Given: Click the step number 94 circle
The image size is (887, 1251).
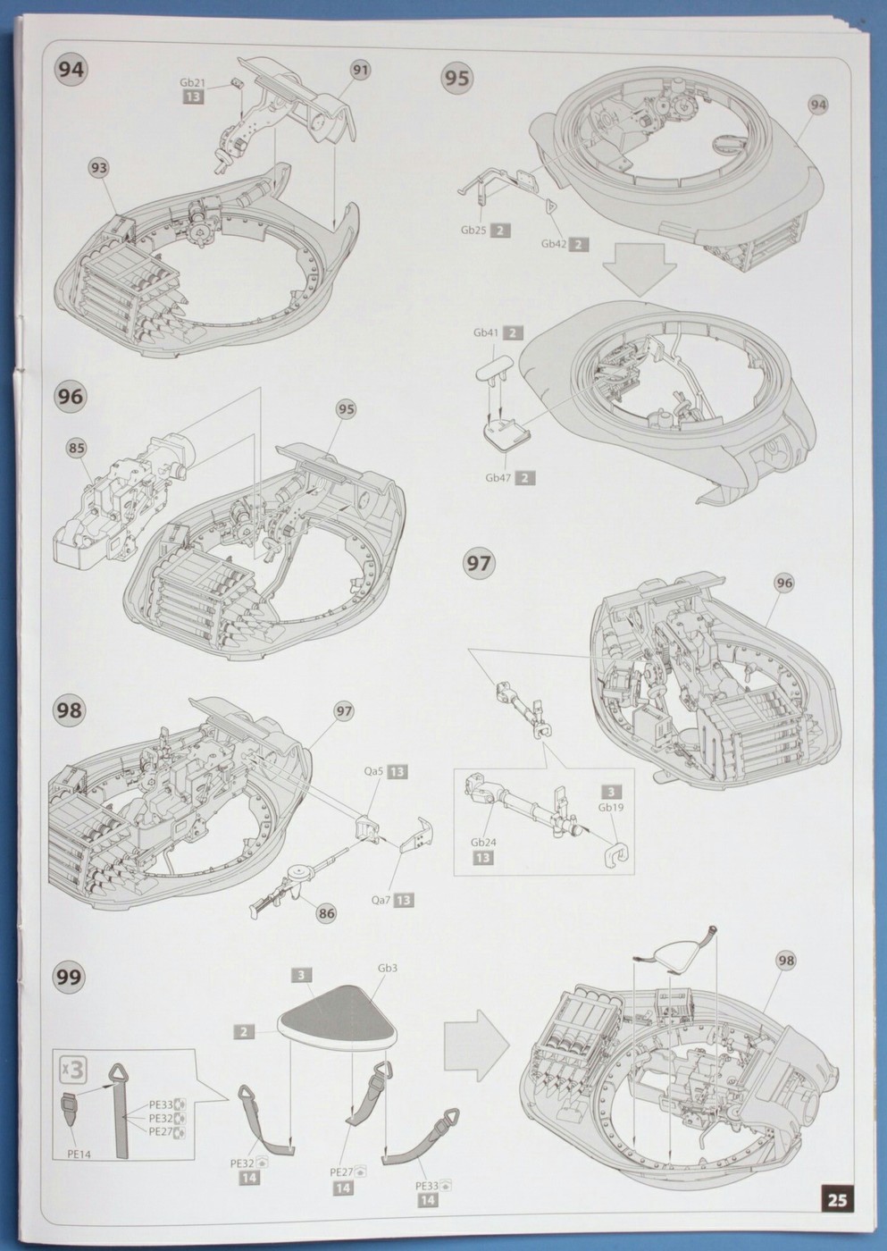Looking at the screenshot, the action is click(x=71, y=70).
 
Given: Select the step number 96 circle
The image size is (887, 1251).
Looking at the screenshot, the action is click(x=71, y=396).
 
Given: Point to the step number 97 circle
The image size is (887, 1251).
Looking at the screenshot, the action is click(x=479, y=563).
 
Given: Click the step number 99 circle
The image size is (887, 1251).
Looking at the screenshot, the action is click(x=71, y=977).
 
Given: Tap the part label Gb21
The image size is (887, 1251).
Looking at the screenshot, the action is click(x=192, y=82).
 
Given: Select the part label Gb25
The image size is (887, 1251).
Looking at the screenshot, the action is click(x=474, y=230).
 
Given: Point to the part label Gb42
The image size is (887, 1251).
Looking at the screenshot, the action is click(x=553, y=244).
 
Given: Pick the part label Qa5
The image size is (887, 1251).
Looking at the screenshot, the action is click(x=373, y=771).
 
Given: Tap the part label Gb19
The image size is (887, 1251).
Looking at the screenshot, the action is click(x=609, y=807).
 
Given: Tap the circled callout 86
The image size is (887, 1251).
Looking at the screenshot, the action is click(x=327, y=912).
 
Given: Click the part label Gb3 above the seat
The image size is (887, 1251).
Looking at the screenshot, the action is click(x=388, y=969).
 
